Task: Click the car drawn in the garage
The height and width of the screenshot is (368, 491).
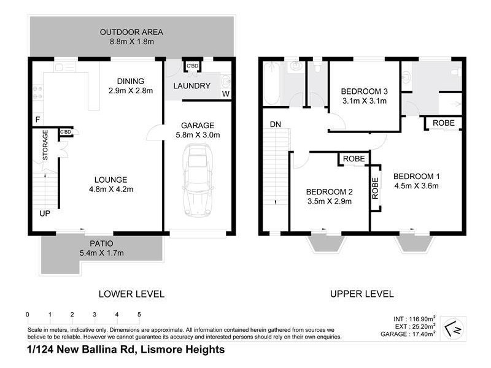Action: pos(197,180)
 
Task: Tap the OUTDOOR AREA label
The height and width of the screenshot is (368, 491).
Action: pos(132,32)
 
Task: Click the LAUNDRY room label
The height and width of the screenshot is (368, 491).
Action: pos(191,86)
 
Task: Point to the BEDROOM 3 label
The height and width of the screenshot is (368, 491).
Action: pos(364,91)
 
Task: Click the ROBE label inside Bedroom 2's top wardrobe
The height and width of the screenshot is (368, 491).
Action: pos(354,158)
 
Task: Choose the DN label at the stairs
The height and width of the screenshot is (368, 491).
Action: pos(275,125)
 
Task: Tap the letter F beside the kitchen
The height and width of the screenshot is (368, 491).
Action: pos(38,118)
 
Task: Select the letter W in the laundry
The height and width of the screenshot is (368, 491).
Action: pos(225,94)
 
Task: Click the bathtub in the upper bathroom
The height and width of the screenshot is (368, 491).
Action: pos(273,86)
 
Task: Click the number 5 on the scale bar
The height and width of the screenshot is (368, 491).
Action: pos(139,315)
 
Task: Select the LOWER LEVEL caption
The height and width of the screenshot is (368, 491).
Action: pos(131,294)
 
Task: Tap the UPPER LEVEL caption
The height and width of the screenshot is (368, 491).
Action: pos(361,294)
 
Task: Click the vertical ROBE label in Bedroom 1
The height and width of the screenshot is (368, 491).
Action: pos(374,189)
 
